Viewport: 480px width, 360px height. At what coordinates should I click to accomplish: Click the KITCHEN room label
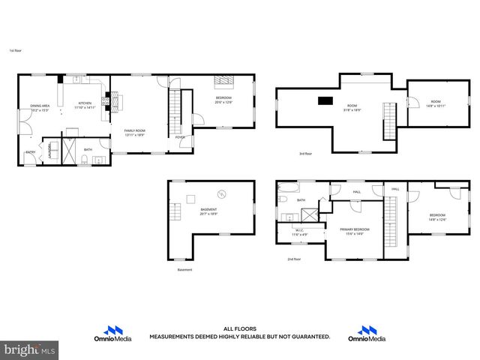click(85, 103)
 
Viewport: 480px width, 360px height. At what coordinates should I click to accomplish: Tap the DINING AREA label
click(40, 106)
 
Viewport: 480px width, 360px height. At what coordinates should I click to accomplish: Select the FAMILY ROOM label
click(135, 130)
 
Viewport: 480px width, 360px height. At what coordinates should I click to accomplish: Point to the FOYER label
click(180, 137)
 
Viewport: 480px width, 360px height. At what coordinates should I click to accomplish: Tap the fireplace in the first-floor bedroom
click(223, 82)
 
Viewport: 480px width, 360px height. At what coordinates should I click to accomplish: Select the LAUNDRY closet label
click(50, 149)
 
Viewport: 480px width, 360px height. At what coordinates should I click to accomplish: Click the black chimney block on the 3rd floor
click(325, 100)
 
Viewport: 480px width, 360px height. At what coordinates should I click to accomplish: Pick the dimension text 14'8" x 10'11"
click(436, 106)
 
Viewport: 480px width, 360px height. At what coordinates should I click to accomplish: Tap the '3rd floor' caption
click(305, 154)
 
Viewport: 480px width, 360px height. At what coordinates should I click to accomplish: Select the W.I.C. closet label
click(298, 230)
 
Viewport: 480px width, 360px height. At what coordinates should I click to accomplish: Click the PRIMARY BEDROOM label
click(355, 229)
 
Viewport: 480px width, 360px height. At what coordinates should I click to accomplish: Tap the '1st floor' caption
click(14, 51)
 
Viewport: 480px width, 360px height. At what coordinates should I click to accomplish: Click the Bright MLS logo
click(29, 349)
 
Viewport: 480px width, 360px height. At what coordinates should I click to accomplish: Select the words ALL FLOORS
click(239, 328)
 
